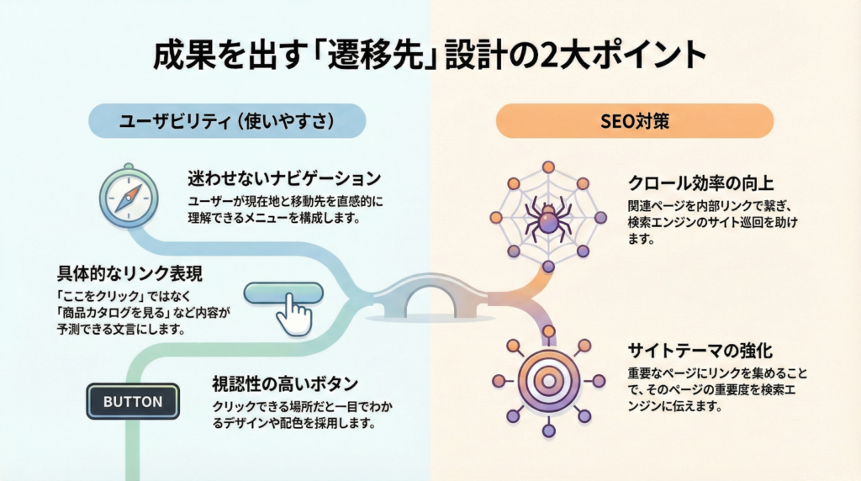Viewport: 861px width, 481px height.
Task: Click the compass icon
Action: tap(124, 195)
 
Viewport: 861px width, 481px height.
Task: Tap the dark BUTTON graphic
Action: tap(133, 401)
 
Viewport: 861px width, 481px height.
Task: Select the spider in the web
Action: tap(547, 218)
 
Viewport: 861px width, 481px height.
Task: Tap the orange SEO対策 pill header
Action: tap(635, 121)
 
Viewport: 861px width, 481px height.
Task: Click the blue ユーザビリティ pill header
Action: tap(229, 121)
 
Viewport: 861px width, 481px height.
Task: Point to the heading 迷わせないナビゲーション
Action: tap(284, 179)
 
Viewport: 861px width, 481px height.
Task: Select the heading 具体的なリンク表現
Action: tap(129, 273)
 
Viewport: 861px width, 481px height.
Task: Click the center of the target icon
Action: tap(548, 381)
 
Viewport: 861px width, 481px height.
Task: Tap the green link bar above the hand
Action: tap(283, 292)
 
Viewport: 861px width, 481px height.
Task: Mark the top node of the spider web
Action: tap(548, 166)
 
